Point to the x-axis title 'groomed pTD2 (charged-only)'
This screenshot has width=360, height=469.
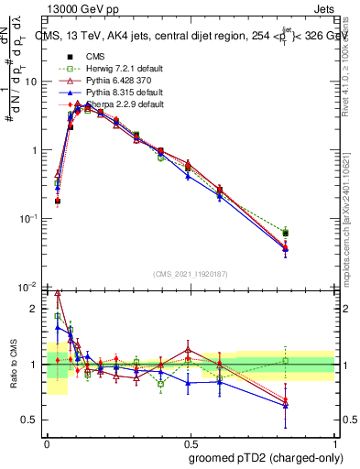pos(266,457)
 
